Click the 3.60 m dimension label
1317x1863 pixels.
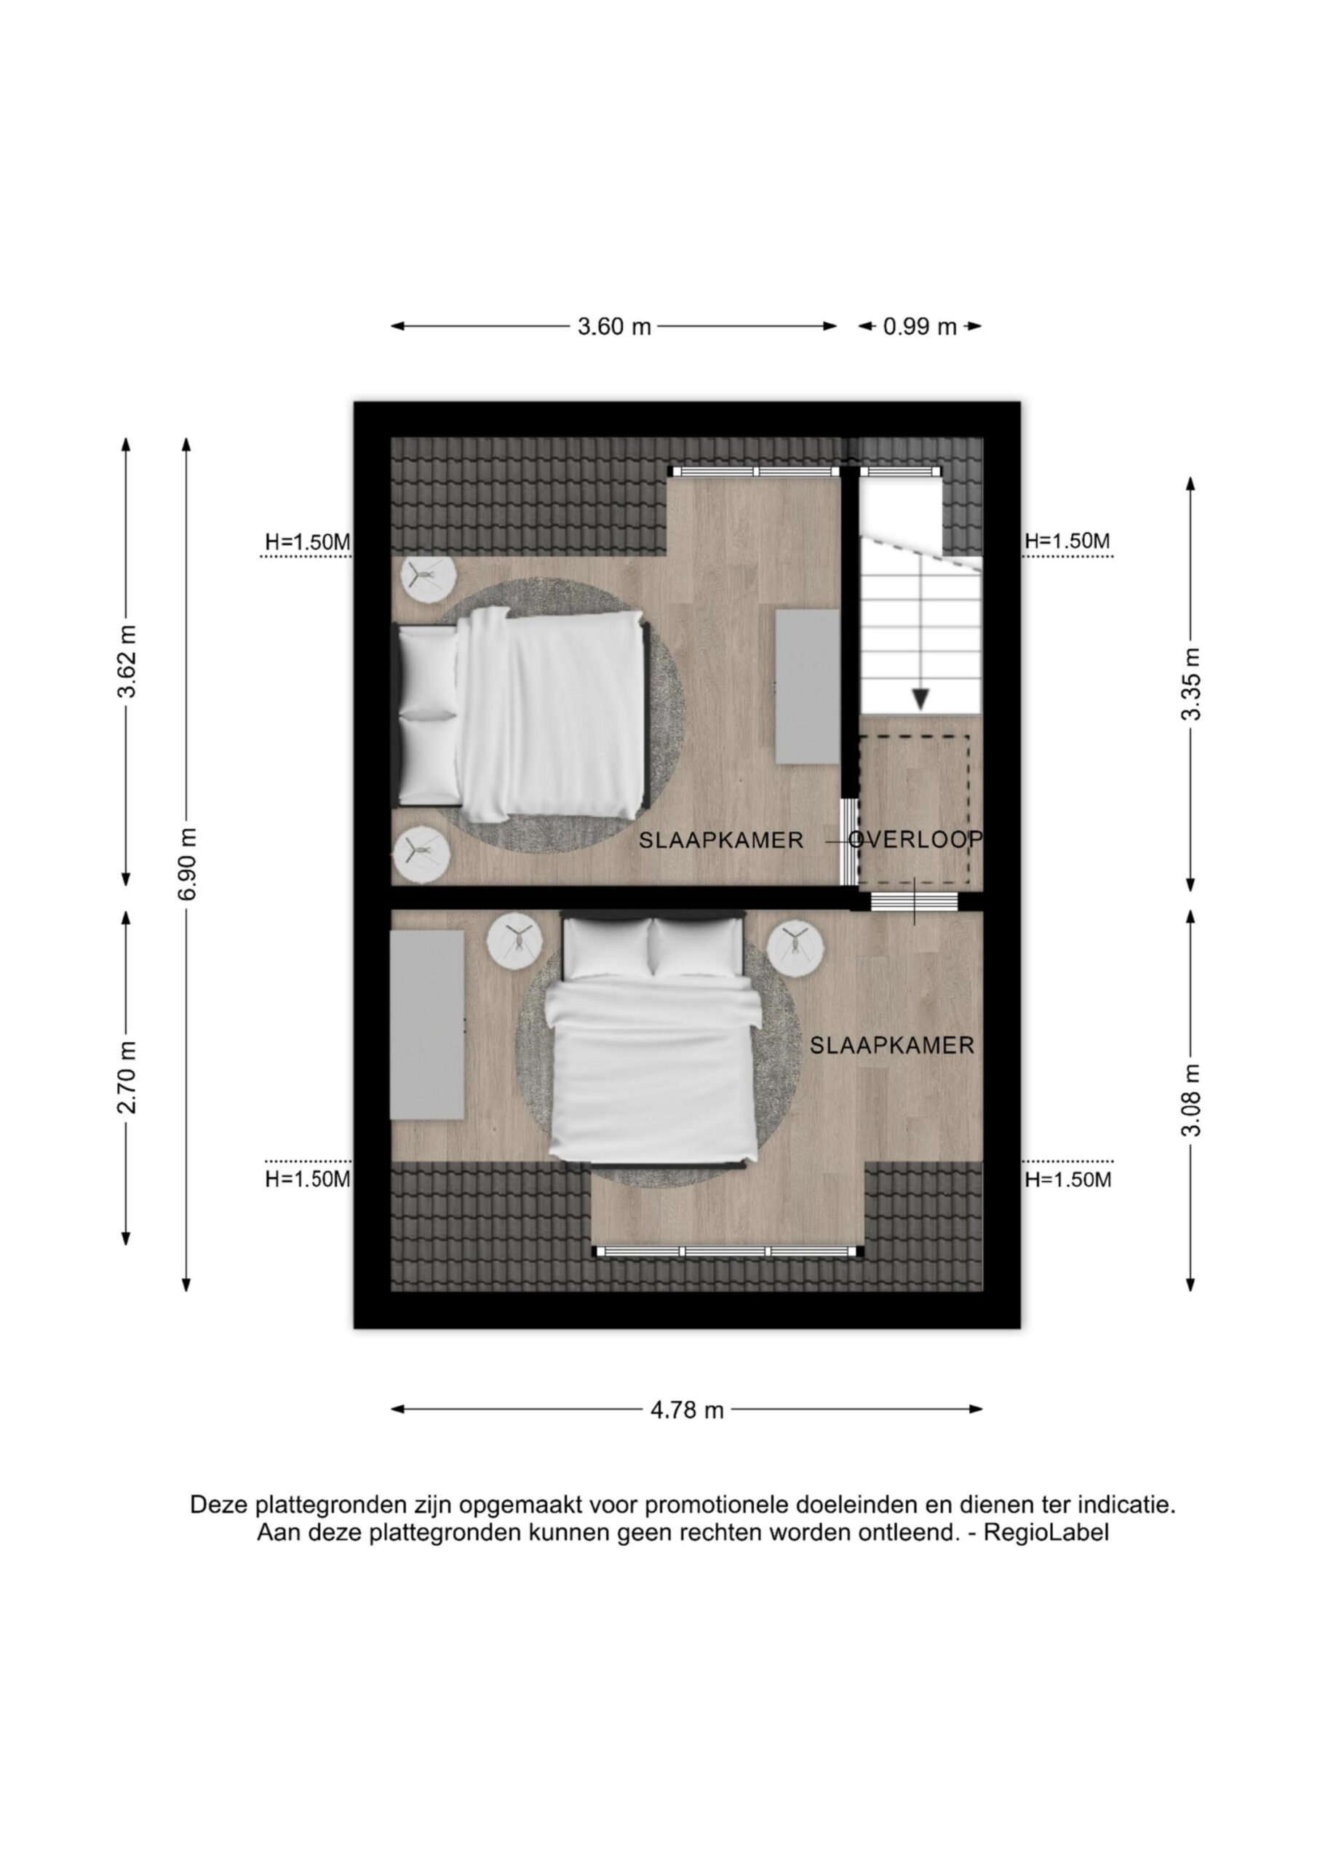614,327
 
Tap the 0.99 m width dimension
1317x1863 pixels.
920,327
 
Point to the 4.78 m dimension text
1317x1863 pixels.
686,1410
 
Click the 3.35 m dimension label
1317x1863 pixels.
1190,684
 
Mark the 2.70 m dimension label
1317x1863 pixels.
127,1077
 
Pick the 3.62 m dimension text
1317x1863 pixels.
127,662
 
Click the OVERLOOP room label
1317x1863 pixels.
916,840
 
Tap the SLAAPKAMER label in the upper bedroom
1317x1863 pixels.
720,841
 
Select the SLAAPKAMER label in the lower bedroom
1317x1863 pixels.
892,1046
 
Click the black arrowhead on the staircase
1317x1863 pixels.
920,699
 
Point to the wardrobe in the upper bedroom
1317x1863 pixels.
808,686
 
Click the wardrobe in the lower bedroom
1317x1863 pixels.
427,1025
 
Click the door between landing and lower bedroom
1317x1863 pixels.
914,902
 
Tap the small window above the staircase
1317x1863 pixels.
901,471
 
